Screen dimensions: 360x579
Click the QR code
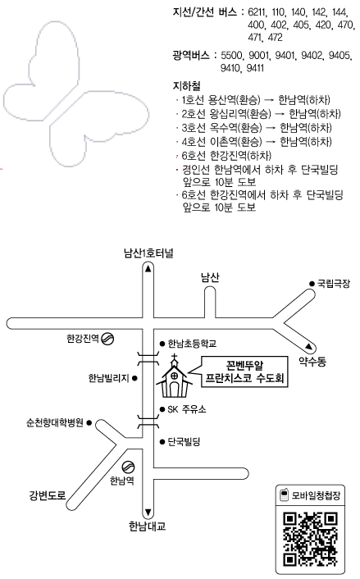tap(310, 540)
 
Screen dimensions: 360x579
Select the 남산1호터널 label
tap(148, 253)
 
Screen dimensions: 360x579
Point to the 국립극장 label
tap(334, 284)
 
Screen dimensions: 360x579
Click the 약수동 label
tap(312, 361)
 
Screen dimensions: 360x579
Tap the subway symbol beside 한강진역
tap(107, 338)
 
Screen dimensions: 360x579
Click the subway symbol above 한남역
tap(128, 467)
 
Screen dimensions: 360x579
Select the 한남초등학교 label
tap(192, 344)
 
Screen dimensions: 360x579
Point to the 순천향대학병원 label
tap(55, 423)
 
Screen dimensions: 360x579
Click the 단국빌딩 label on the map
tap(184, 441)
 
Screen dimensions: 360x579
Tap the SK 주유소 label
tap(187, 409)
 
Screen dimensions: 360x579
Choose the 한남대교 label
tap(148, 526)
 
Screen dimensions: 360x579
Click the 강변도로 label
tap(48, 495)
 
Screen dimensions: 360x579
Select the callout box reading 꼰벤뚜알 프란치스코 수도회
tap(244, 372)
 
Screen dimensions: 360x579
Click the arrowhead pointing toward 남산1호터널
tap(148, 269)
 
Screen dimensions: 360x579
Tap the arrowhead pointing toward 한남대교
tap(148, 513)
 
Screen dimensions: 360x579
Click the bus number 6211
tap(256, 12)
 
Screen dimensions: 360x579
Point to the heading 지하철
tap(187, 85)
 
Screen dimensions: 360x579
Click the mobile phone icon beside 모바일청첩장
tap(284, 495)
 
